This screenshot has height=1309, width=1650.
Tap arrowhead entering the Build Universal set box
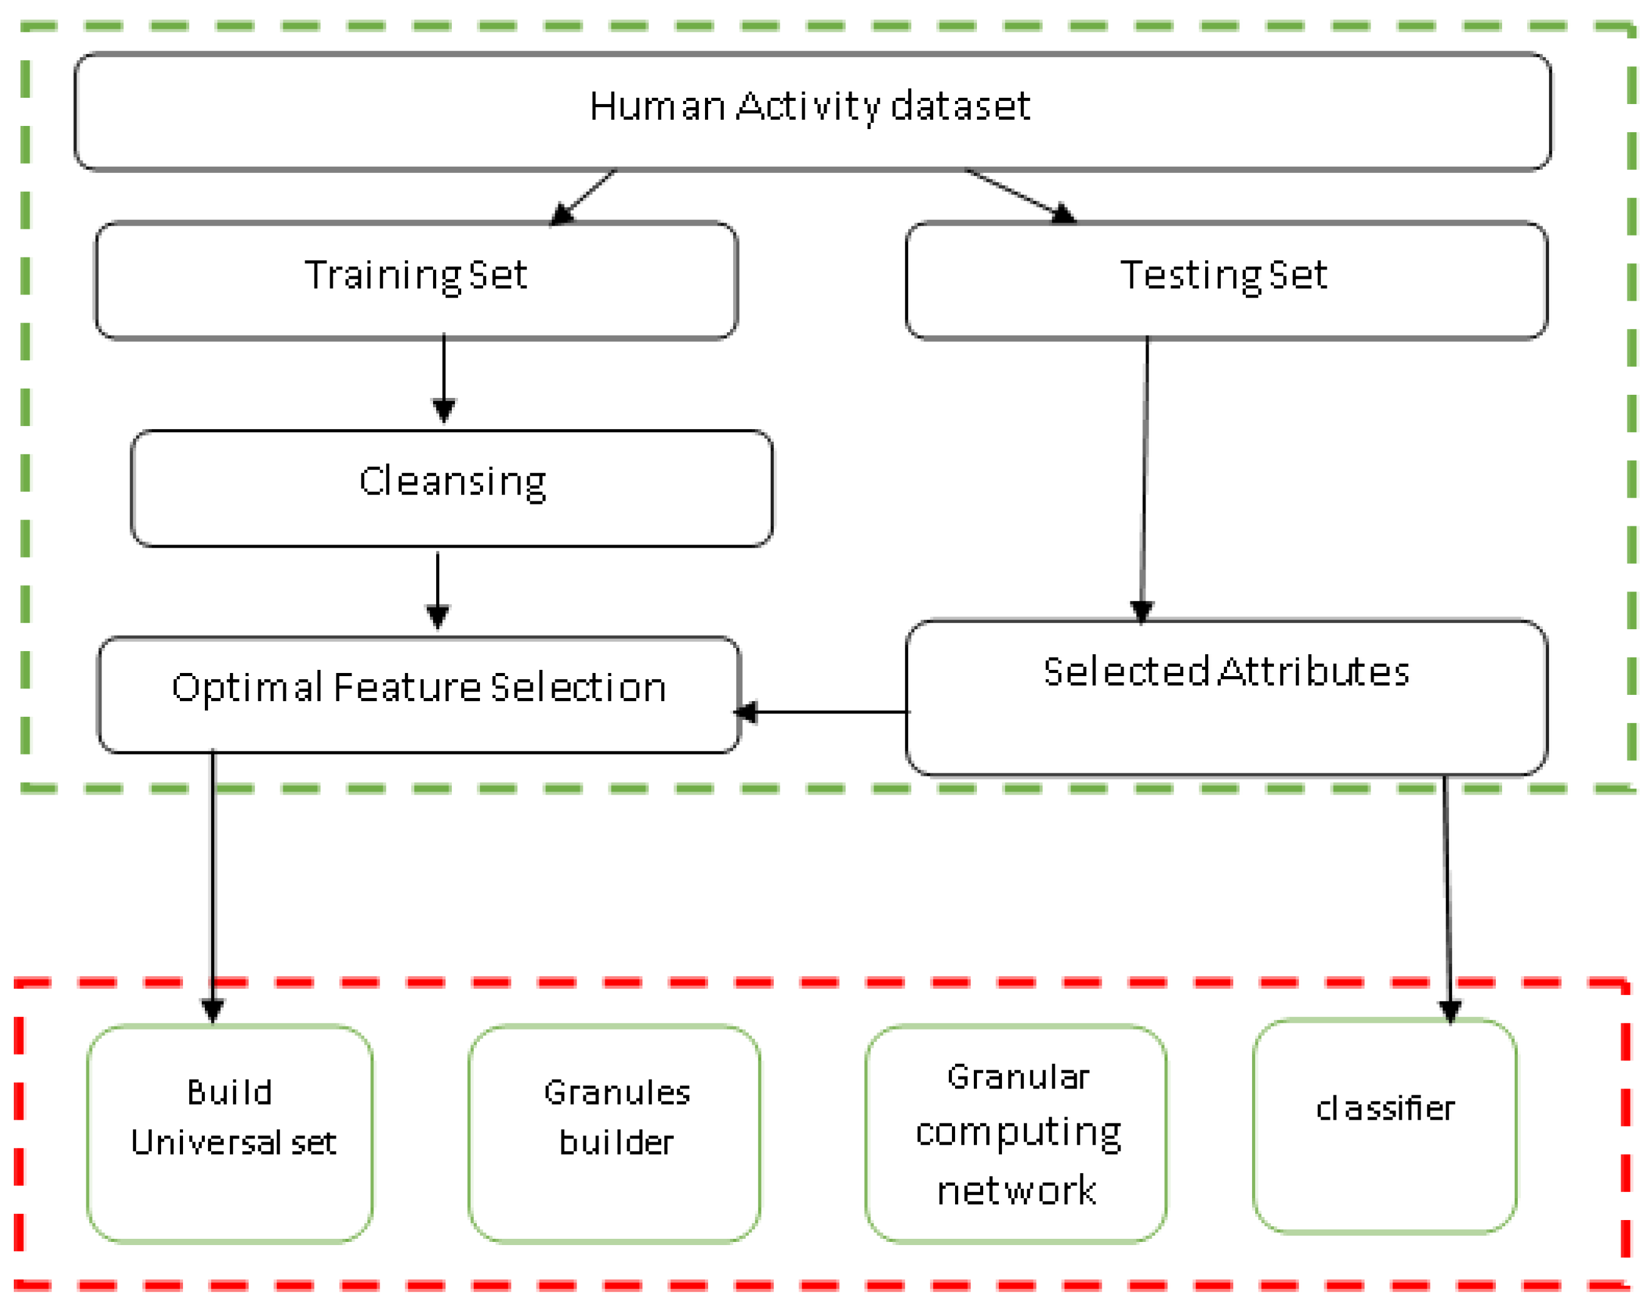[213, 1010]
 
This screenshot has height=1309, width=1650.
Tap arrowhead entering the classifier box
[1449, 1010]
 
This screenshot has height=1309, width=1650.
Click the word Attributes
[1312, 672]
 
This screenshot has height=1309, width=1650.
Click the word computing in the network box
[1018, 1132]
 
